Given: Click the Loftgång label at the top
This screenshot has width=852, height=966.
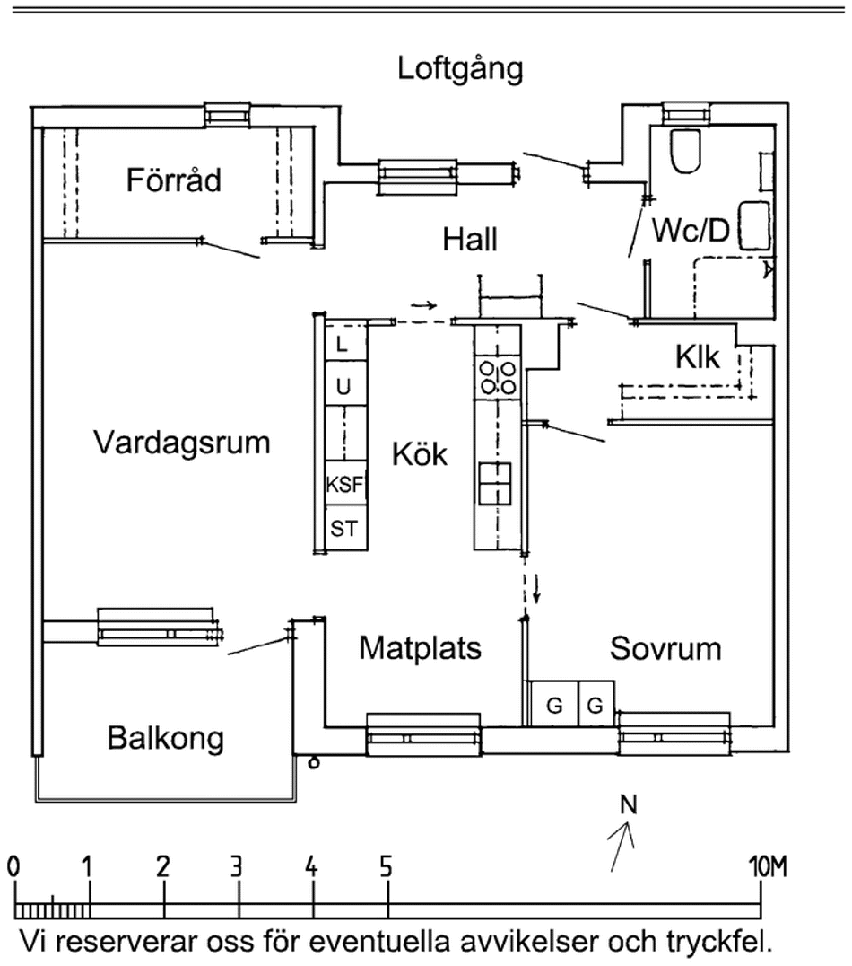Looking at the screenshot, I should pyautogui.click(x=461, y=69).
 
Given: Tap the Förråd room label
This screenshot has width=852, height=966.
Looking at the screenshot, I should pyautogui.click(x=173, y=180).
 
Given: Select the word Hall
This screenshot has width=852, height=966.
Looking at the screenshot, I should pyautogui.click(x=470, y=240).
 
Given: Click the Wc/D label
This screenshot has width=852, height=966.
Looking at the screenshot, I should pyautogui.click(x=691, y=232).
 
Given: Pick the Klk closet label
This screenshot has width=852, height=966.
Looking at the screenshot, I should pyautogui.click(x=698, y=357).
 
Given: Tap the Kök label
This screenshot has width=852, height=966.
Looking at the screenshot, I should pyautogui.click(x=420, y=455).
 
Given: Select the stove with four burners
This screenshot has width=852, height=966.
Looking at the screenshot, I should pyautogui.click(x=498, y=375).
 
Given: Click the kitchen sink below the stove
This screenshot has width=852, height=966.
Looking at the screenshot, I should pyautogui.click(x=495, y=483).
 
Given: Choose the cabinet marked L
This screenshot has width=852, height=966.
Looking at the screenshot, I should pyautogui.click(x=343, y=342).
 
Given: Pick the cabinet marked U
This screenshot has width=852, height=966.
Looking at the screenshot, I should pyautogui.click(x=343, y=387).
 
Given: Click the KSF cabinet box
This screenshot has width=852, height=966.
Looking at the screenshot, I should pyautogui.click(x=345, y=486).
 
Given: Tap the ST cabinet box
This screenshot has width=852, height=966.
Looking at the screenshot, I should pyautogui.click(x=344, y=529).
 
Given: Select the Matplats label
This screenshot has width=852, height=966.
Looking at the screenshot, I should pyautogui.click(x=421, y=648).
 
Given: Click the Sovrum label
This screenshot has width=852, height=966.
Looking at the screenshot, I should pyautogui.click(x=665, y=648).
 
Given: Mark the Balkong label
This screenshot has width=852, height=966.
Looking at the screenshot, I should pyautogui.click(x=166, y=740).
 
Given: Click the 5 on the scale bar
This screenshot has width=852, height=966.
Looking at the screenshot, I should pyautogui.click(x=386, y=867).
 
